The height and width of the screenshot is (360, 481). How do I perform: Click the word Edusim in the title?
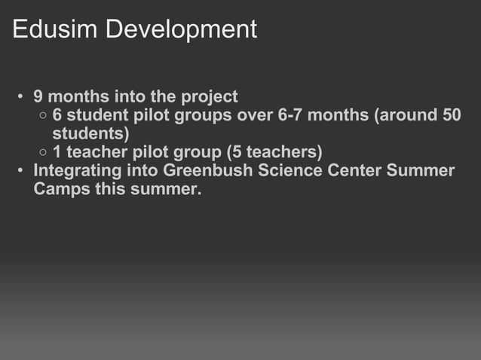55,29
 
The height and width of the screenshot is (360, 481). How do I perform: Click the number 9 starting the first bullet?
39,96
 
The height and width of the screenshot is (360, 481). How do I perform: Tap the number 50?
451,115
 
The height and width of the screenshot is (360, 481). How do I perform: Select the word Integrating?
78,170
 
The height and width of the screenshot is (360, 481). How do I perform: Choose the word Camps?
62,189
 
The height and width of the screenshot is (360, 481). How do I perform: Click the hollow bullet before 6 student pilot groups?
43,116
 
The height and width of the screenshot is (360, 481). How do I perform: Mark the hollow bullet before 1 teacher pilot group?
43,153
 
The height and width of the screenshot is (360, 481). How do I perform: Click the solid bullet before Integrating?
23,171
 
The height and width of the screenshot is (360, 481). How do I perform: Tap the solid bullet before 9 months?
23,97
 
